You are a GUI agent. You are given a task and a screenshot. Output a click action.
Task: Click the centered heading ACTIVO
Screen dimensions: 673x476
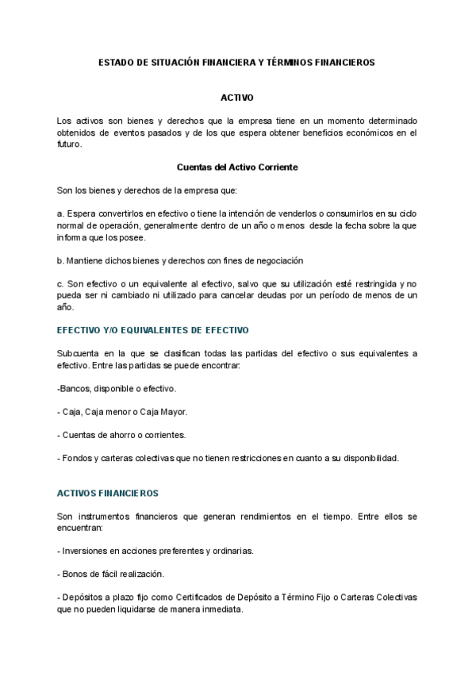pos(237,98)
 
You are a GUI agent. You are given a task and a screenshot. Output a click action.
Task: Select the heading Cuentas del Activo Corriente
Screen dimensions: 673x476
pos(237,167)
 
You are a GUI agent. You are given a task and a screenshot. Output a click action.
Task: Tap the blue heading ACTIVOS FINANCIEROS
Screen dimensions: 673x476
pos(108,493)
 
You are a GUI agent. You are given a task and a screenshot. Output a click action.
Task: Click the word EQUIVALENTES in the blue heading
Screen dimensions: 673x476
pos(158,329)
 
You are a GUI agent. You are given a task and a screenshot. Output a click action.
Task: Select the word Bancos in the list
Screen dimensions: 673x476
pos(76,389)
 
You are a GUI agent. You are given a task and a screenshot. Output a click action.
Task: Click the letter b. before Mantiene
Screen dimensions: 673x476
pos(60,260)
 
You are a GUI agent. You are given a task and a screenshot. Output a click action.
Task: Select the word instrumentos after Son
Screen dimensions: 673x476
pos(109,516)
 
